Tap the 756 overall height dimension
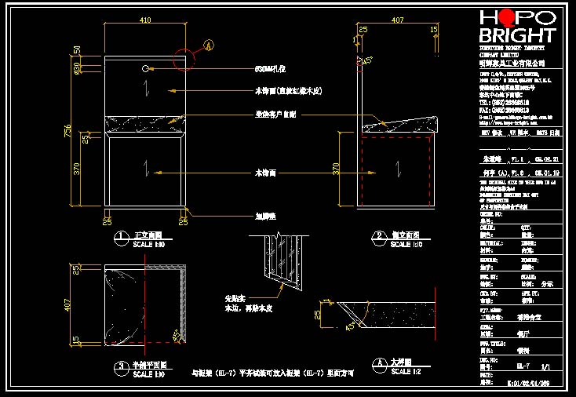pos(67,134)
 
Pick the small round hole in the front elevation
pos(146,70)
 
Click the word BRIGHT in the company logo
pos(516,35)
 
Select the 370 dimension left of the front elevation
pos(77,169)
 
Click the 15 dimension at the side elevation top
pos(434,30)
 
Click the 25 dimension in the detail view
pos(317,315)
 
